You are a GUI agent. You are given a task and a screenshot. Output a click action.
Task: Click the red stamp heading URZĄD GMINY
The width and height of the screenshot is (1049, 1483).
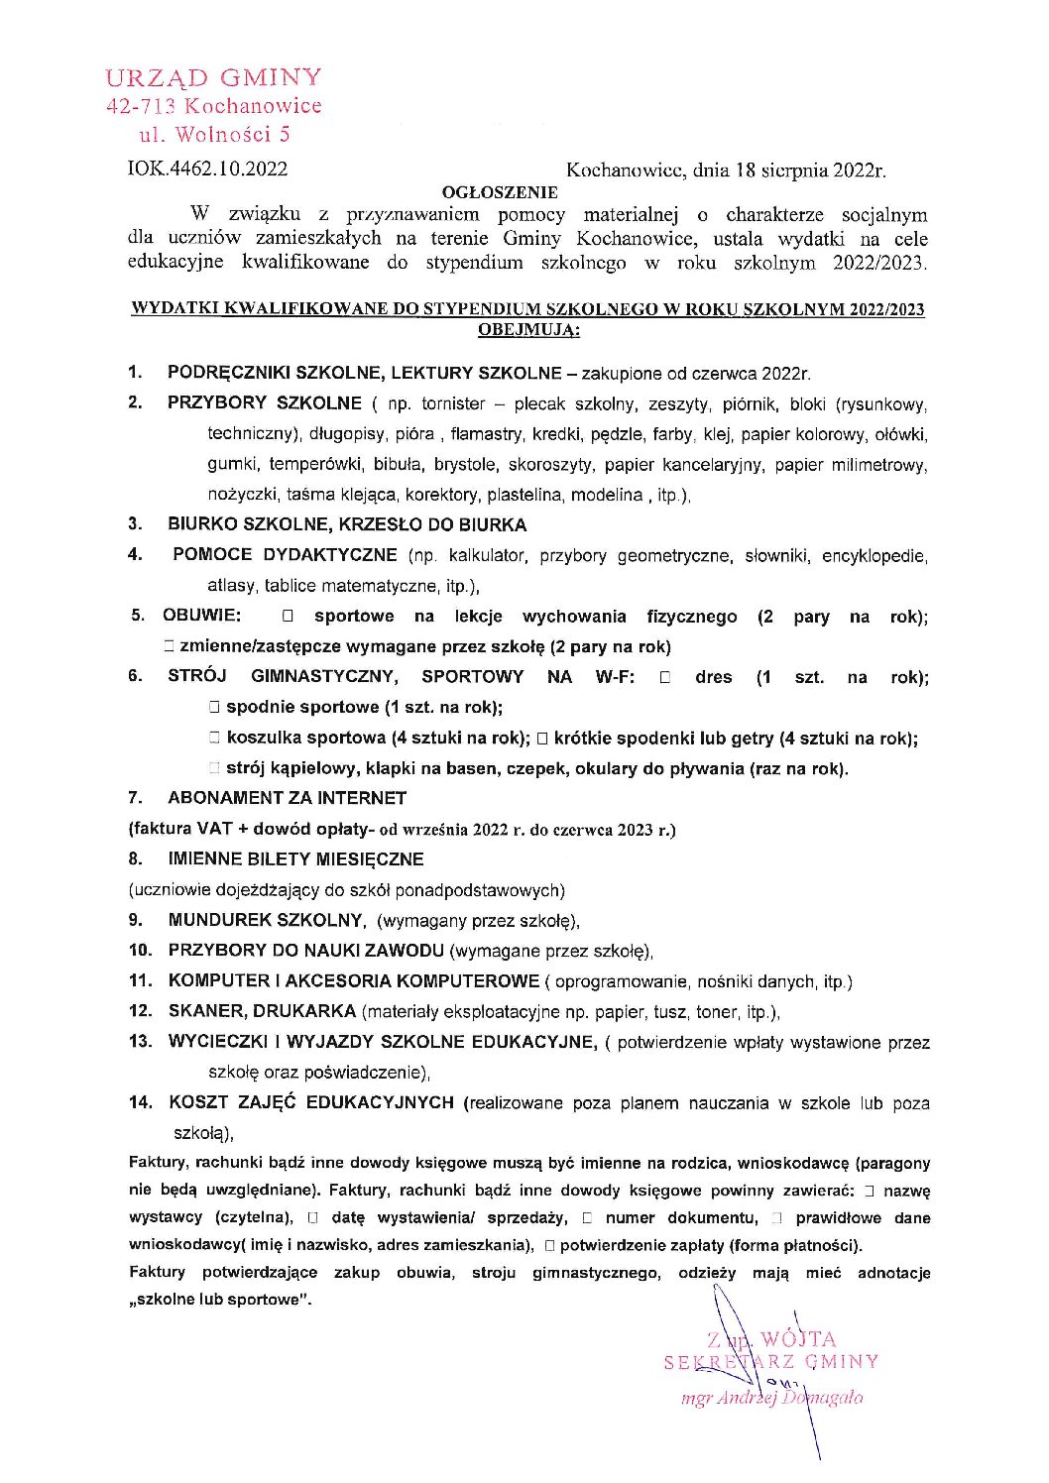click(x=213, y=77)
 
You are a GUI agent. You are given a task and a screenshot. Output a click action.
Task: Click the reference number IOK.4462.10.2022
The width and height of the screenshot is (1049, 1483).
click(x=207, y=169)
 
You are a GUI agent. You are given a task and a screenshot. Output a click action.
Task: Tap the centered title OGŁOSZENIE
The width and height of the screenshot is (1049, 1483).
click(x=500, y=192)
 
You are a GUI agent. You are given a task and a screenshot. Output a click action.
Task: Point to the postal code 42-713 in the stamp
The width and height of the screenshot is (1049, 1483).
click(x=141, y=106)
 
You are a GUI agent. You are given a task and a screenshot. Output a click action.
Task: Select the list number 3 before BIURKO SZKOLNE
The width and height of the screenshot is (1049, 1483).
click(x=135, y=523)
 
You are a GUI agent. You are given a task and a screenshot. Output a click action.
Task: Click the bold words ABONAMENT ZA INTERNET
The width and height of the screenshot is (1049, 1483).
click(x=287, y=798)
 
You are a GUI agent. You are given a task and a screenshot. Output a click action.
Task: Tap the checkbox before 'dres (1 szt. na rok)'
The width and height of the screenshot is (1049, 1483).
click(x=665, y=678)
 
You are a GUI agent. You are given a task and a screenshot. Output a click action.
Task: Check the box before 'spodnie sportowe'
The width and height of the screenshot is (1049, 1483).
click(x=213, y=708)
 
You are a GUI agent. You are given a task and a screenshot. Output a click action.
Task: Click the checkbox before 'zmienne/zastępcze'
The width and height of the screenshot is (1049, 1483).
click(x=170, y=647)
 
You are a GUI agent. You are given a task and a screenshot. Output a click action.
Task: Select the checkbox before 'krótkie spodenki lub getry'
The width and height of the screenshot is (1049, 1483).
click(x=542, y=739)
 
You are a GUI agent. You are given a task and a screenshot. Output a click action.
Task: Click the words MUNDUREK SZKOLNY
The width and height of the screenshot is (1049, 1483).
click(x=266, y=920)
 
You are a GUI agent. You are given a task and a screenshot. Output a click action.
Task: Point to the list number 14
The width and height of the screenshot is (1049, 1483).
click(x=140, y=1102)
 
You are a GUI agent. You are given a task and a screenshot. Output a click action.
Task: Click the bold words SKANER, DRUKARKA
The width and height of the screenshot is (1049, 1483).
click(x=262, y=1011)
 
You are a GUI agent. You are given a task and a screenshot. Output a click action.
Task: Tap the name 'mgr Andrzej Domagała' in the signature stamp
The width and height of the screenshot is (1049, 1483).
click(x=771, y=1398)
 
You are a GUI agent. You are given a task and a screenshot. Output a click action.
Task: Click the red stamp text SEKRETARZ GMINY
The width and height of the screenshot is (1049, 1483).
click(x=771, y=1362)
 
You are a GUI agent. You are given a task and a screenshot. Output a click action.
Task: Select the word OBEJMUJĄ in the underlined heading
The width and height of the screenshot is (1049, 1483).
click(x=527, y=330)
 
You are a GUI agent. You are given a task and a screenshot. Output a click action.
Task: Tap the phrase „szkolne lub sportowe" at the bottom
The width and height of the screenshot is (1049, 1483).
click(x=220, y=1300)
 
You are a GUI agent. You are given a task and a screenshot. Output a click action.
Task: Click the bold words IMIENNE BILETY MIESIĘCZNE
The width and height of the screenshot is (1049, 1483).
click(x=295, y=859)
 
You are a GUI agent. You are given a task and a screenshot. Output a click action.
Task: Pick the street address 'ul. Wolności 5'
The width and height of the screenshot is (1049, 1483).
click(x=214, y=134)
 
